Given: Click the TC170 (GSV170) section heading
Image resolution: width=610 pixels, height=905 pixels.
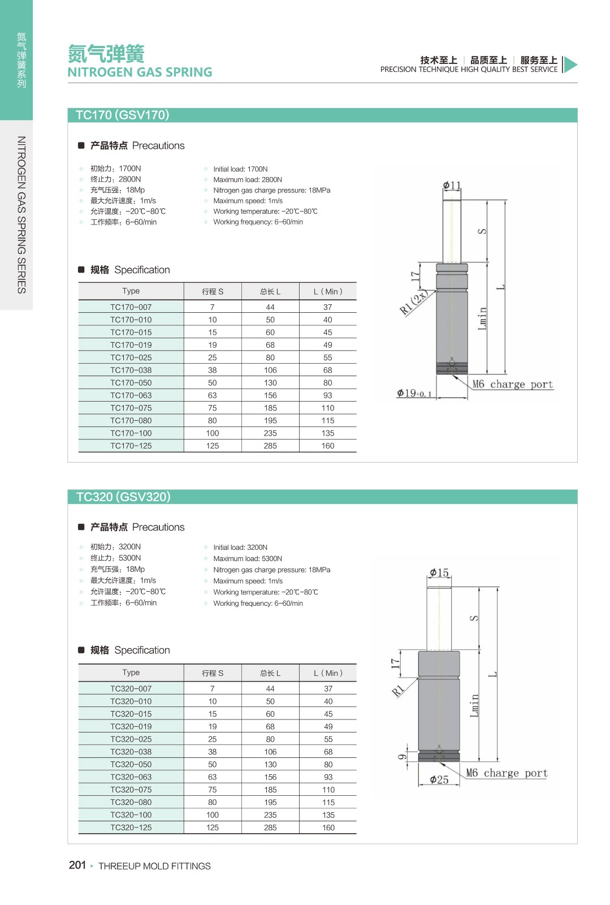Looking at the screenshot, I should [x=123, y=115].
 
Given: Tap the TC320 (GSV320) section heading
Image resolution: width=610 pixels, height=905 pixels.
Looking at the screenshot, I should [x=123, y=497].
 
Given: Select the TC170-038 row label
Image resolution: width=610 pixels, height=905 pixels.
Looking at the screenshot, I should [x=131, y=370].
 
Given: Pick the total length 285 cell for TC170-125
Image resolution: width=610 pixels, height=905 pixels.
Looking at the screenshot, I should [x=270, y=446].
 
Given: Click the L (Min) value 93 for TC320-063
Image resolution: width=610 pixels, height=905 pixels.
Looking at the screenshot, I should [x=328, y=777].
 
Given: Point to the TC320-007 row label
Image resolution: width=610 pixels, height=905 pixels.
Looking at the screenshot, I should [x=131, y=688].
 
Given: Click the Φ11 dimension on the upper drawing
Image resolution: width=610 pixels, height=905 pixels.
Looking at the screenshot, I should [x=452, y=186].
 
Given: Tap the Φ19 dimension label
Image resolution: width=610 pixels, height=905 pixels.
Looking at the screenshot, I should [x=414, y=393].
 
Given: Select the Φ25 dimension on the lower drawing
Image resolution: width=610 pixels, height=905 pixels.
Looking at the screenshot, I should [x=439, y=779].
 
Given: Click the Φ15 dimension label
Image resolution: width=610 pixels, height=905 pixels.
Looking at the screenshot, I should [x=439, y=572].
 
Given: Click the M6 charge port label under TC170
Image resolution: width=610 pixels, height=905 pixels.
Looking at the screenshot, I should [x=512, y=385].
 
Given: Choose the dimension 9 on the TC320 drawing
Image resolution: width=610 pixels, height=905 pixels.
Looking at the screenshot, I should [x=403, y=757].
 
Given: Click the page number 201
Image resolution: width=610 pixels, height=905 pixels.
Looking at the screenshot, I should [x=77, y=865].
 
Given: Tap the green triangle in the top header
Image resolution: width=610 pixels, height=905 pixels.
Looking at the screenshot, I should [x=570, y=64].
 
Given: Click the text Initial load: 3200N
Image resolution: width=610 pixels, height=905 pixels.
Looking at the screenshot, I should [x=240, y=548].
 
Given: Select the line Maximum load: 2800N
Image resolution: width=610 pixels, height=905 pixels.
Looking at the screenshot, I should [x=248, y=180].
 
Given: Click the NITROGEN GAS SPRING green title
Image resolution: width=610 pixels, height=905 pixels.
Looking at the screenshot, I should [x=140, y=72].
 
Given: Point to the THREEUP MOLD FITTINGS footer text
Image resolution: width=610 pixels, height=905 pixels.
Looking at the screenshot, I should [x=154, y=866].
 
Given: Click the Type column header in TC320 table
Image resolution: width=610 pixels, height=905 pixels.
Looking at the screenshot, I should [x=131, y=673].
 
